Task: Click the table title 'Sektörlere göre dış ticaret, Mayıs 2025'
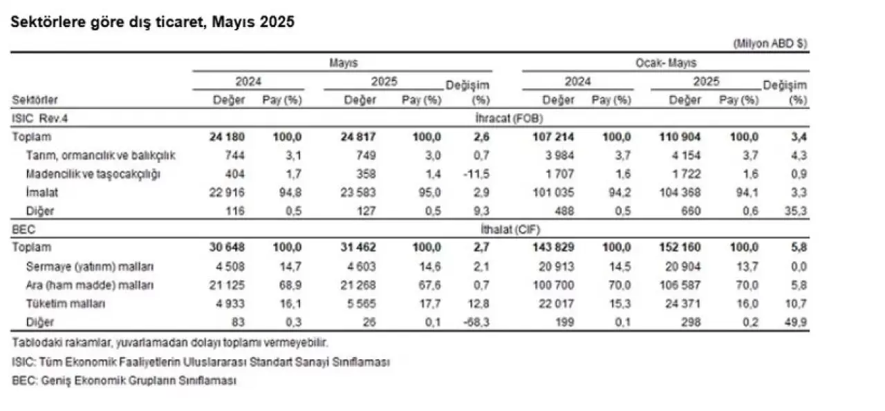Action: [152, 22]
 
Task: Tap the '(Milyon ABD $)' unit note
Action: [770, 44]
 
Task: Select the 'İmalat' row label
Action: [39, 192]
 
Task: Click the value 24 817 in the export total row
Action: [360, 137]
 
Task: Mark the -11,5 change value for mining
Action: [477, 173]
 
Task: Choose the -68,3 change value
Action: [477, 322]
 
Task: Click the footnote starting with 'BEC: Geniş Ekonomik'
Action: [124, 381]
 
